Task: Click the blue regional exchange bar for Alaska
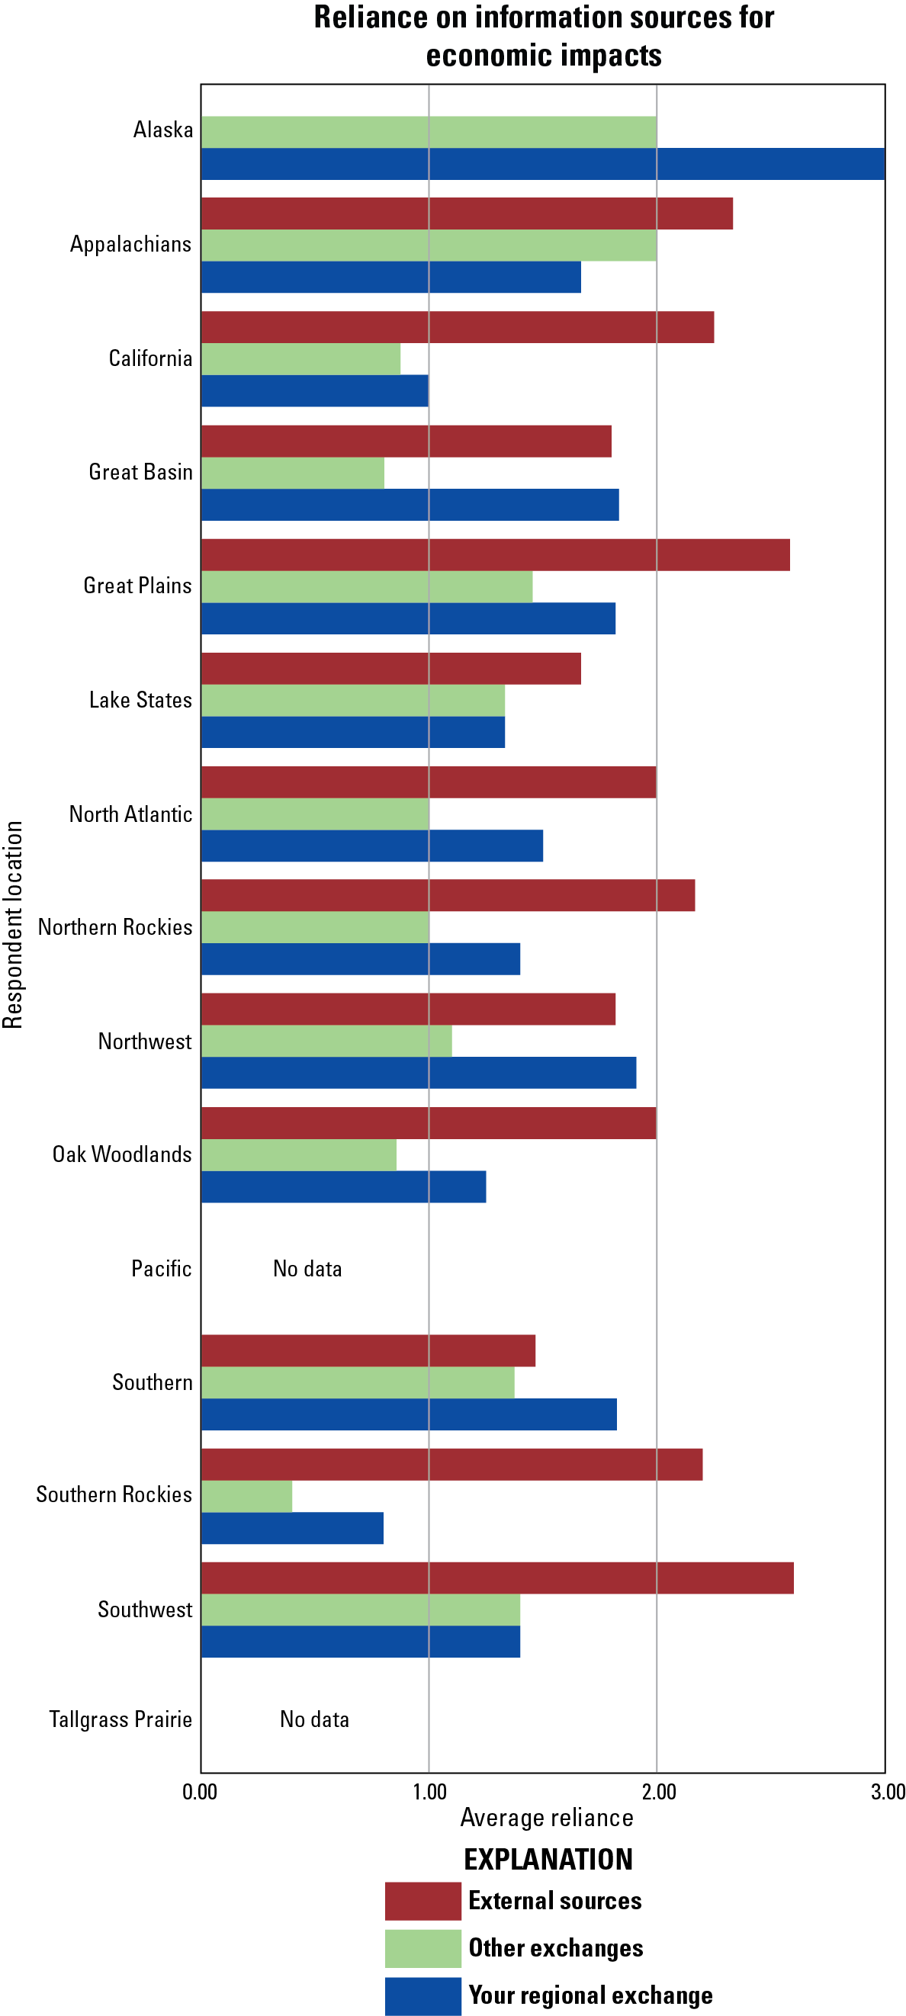[543, 165]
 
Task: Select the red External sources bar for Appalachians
[467, 213]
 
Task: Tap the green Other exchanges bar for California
[300, 359]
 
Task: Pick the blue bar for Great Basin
[410, 505]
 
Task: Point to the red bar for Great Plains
[495, 555]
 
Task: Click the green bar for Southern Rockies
[246, 1496]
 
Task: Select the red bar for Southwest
[497, 1578]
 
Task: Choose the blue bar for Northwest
[418, 1073]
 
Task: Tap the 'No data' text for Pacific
[307, 1269]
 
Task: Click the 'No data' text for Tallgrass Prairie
[314, 1719]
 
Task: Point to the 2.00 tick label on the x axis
[659, 1792]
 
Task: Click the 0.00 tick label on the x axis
[200, 1792]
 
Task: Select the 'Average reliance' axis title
[547, 1817]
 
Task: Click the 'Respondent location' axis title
[13, 924]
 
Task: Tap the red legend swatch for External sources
[422, 1901]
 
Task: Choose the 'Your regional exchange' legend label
[590, 1995]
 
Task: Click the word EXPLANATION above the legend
[548, 1860]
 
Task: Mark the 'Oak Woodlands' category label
[121, 1154]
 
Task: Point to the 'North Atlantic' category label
[130, 814]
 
